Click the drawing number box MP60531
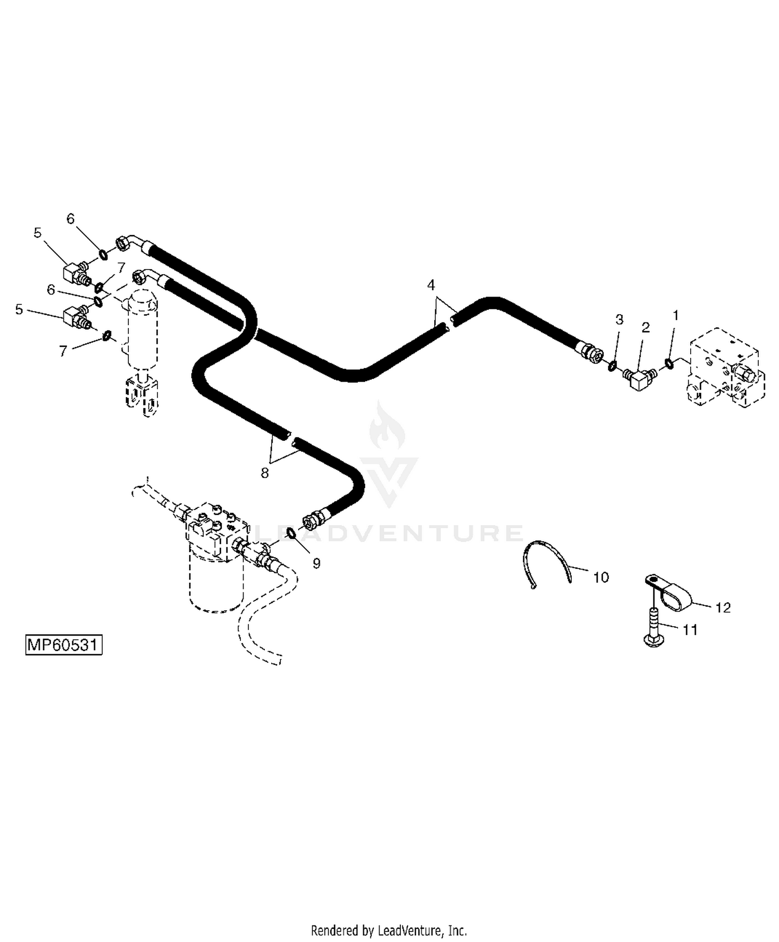(64, 645)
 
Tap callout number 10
(601, 577)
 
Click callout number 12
(723, 607)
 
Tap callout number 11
(690, 630)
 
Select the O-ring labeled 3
(613, 366)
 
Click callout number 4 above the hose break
(431, 285)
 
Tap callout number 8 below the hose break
(265, 473)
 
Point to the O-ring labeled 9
(292, 534)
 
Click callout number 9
(317, 563)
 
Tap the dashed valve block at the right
(726, 368)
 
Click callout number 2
(646, 328)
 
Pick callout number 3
(619, 319)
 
